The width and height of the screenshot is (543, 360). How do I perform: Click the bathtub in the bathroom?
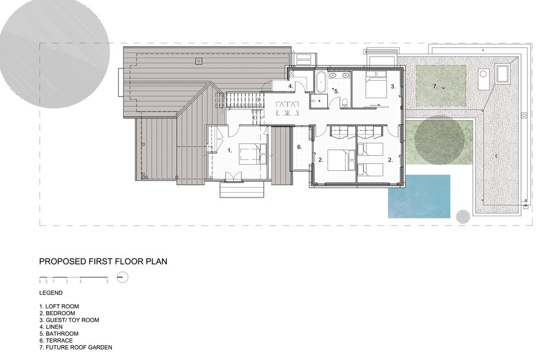pyautogui.click(x=320, y=83)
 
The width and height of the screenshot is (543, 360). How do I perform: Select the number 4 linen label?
pyautogui.click(x=291, y=87)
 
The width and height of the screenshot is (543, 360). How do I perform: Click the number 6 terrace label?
pyautogui.click(x=299, y=147)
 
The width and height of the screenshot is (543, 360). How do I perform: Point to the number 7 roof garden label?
pyautogui.click(x=435, y=86)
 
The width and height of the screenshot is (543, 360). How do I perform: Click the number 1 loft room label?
pyautogui.click(x=230, y=149)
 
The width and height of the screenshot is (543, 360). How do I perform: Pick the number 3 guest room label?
pyautogui.click(x=393, y=86)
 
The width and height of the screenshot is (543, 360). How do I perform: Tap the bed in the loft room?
pyautogui.click(x=252, y=153)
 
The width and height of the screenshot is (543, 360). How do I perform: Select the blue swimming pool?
pyautogui.click(x=419, y=196)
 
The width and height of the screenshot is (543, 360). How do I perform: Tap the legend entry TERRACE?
pyautogui.click(x=58, y=340)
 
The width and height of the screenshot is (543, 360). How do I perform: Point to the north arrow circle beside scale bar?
pyautogui.click(x=123, y=277)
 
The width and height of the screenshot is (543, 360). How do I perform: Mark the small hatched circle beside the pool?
pyautogui.click(x=463, y=216)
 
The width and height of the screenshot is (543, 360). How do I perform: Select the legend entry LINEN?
pyautogui.click(x=54, y=327)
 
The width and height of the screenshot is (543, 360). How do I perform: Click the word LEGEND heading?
pyautogui.click(x=51, y=292)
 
